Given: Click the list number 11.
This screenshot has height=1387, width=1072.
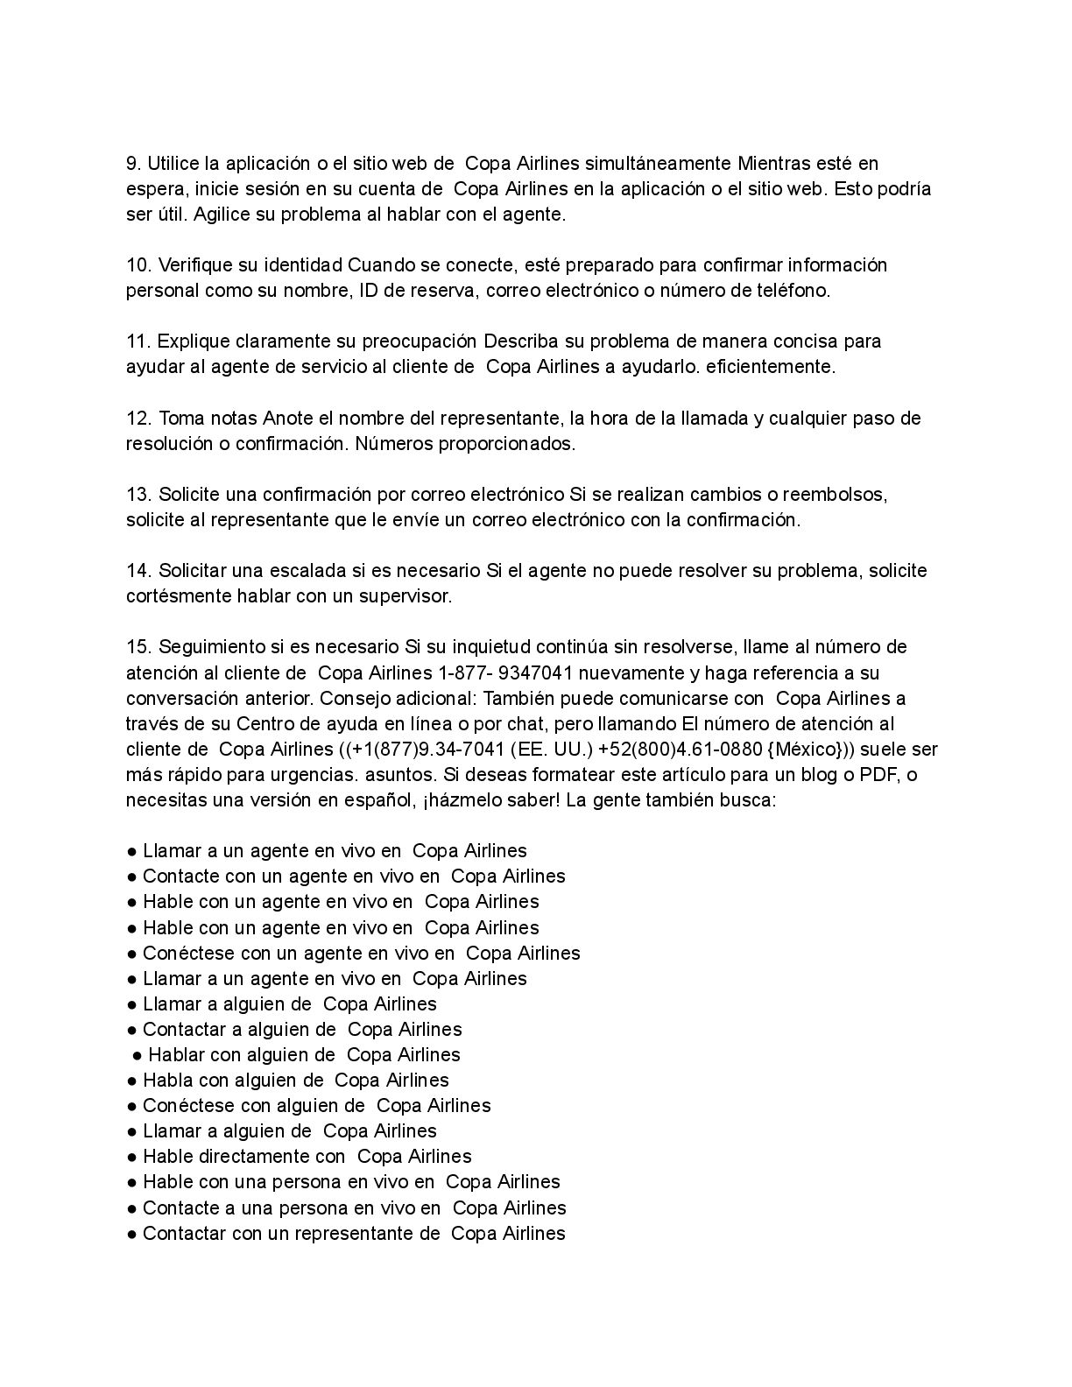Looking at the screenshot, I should pos(138,341).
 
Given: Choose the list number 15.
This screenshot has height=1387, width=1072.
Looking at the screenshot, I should pos(138,647).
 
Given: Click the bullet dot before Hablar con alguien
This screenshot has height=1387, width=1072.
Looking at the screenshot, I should pos(137,1055).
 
